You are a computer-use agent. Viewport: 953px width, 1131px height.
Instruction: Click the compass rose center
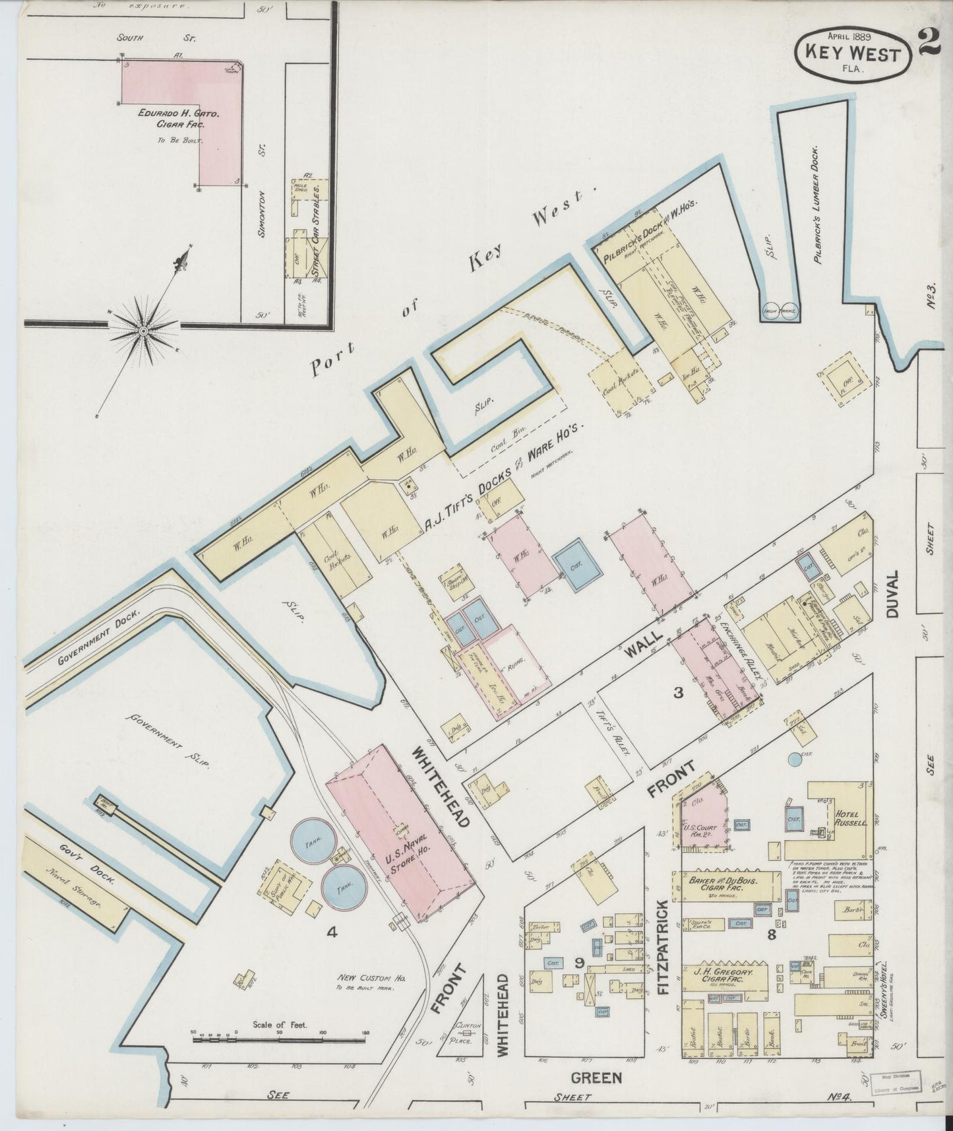pyautogui.click(x=142, y=330)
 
